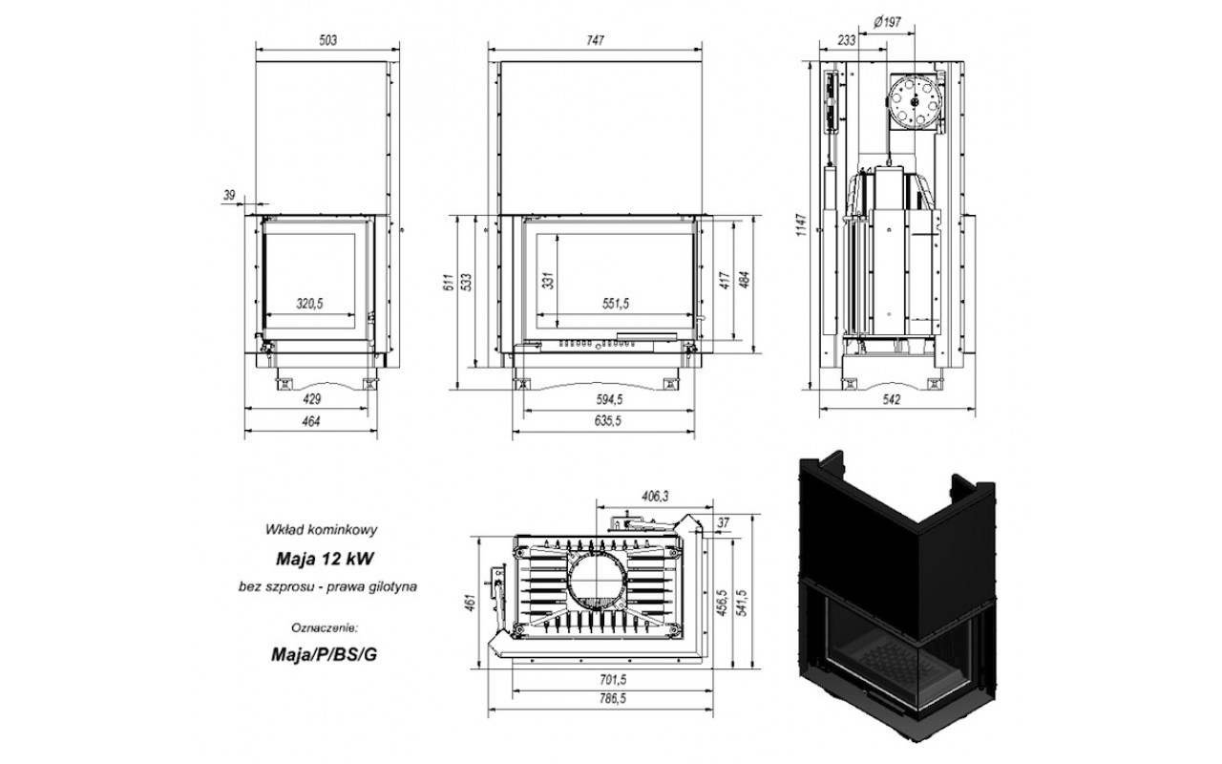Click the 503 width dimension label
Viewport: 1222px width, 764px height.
[327, 40]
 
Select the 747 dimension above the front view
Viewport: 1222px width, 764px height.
[595, 40]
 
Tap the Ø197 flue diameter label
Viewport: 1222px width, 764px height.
[887, 22]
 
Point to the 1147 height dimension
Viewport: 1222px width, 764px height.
[801, 224]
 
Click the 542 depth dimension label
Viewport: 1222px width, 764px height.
[892, 399]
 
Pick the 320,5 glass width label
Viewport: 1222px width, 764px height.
[310, 304]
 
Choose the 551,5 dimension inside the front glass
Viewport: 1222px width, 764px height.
[616, 304]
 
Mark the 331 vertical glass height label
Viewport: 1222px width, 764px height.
[549, 281]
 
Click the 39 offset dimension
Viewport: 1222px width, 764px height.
[229, 195]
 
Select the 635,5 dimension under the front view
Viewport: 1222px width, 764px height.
[608, 421]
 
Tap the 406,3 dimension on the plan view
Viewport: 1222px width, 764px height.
[655, 496]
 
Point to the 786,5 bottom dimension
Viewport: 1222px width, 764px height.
[613, 698]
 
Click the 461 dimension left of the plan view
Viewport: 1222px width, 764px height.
[471, 603]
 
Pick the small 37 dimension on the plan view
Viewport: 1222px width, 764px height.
[723, 522]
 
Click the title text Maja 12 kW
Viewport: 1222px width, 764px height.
[325, 559]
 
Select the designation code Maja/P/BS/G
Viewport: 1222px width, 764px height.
[324, 654]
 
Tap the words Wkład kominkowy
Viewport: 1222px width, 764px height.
[321, 529]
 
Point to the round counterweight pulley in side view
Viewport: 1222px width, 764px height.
[915, 102]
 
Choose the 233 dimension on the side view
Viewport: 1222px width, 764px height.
[846, 40]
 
